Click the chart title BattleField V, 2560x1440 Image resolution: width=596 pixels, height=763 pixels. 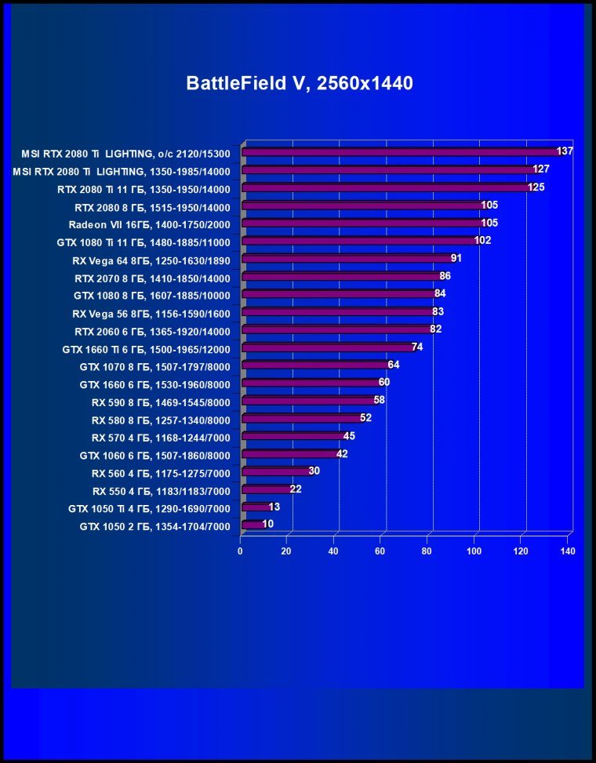click(299, 83)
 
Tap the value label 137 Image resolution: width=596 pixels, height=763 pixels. click(565, 151)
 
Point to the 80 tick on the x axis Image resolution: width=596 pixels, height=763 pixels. click(427, 551)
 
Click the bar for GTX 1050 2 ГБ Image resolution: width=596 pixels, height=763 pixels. click(256, 525)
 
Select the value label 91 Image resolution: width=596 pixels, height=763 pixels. click(456, 258)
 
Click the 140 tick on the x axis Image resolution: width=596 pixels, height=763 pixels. click(568, 551)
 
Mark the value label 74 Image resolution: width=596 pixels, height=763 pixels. click(417, 347)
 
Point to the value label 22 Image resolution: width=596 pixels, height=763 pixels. click(296, 489)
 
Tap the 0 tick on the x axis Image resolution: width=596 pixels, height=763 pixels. click(241, 551)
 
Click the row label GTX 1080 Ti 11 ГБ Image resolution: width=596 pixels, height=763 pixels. click(144, 242)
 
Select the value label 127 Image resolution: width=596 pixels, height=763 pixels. click(541, 169)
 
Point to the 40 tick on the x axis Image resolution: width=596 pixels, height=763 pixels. click(334, 551)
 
